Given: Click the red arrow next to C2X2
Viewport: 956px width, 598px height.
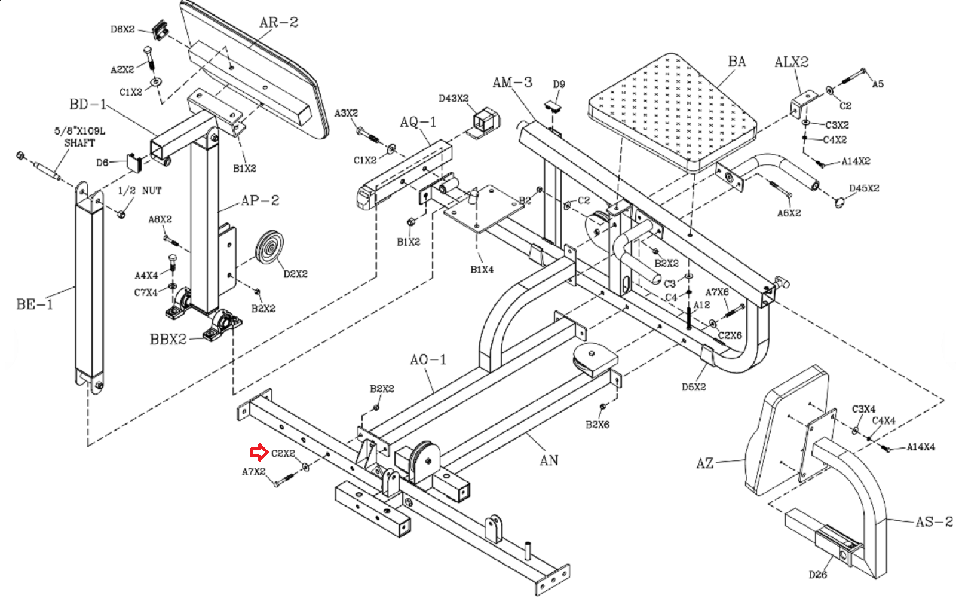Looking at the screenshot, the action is (x=259, y=453).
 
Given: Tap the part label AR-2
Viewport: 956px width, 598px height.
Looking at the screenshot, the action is (x=278, y=22).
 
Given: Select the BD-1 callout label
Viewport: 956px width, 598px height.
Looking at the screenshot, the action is (x=88, y=104).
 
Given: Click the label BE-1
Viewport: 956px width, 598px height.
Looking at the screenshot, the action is (x=35, y=304).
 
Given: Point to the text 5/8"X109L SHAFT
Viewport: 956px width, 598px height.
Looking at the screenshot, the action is (x=80, y=137).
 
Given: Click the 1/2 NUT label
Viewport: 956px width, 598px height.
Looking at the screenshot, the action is (x=140, y=191).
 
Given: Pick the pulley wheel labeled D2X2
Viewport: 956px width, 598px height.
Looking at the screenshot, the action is (x=269, y=249).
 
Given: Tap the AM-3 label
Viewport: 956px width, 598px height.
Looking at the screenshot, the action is (x=512, y=82).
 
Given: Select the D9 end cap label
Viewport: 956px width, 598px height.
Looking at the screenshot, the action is (x=559, y=84).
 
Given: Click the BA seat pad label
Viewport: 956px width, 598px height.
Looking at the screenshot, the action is (x=737, y=62).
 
